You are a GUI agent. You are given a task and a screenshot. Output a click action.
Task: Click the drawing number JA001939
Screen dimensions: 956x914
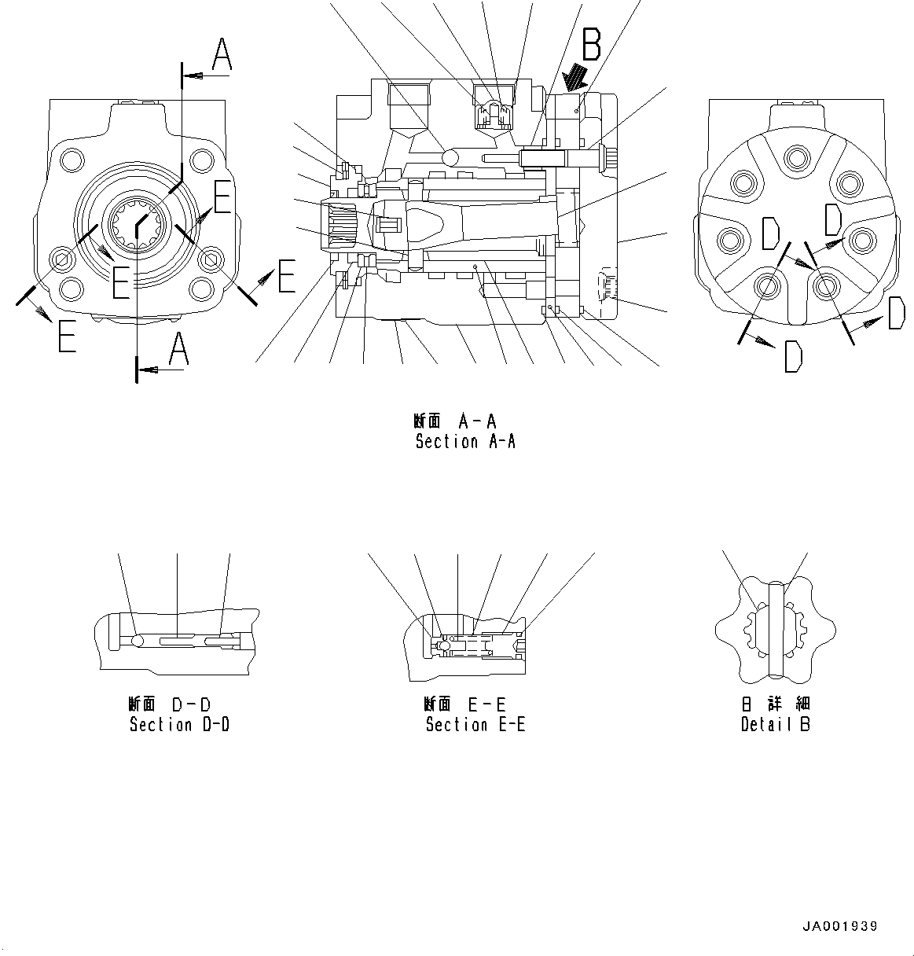839,927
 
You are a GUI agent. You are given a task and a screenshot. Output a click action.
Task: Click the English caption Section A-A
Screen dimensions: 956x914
465,442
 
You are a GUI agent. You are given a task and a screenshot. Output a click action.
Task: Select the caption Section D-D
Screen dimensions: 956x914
179,724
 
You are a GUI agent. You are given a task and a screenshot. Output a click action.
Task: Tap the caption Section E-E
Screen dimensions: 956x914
475,724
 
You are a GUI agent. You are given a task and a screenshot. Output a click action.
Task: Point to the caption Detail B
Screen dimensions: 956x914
775,724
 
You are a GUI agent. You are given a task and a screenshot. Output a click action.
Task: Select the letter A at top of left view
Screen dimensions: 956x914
222,56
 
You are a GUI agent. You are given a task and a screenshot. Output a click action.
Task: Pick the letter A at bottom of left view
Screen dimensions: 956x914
179,350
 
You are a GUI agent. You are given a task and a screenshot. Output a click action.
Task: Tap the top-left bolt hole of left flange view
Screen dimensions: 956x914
72,160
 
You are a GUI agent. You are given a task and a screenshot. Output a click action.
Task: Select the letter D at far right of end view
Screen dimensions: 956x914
896,313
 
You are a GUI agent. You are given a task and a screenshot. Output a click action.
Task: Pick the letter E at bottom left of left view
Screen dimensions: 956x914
67,337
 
